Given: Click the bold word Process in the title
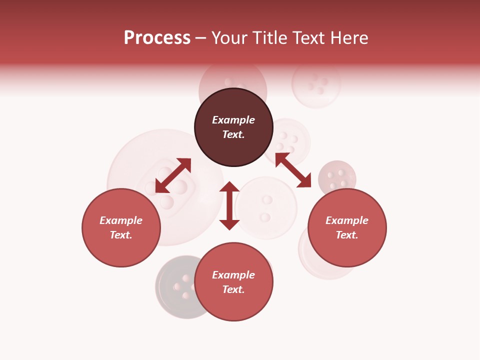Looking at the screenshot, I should click(157, 38).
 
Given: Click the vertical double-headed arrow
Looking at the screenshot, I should click(229, 205).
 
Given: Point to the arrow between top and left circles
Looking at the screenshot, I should click(173, 175).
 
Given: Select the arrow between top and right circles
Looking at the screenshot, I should click(293, 170).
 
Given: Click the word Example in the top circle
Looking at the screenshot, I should click(233, 120).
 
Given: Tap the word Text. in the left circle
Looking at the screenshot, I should click(121, 235).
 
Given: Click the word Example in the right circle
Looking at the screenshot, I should click(347, 220).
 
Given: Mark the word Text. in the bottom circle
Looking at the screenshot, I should click(233, 289).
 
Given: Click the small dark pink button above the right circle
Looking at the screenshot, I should click(337, 177).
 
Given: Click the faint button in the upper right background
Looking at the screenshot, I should click(316, 83).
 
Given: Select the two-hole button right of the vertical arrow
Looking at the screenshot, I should click(266, 208).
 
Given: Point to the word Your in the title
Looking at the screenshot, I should click(230, 38).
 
